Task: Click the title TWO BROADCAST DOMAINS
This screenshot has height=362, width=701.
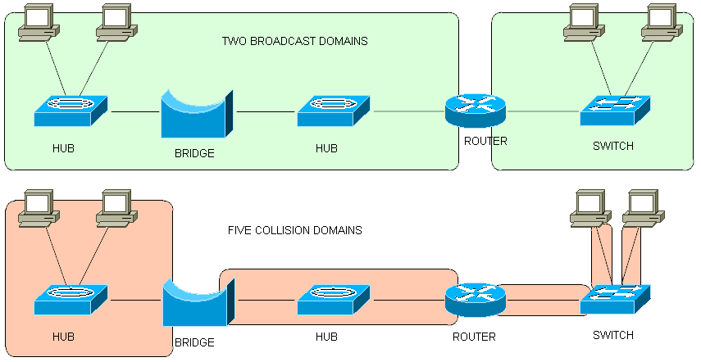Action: (295, 41)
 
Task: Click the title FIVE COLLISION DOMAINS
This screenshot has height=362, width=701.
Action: (294, 230)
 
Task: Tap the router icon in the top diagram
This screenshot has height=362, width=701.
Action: (476, 110)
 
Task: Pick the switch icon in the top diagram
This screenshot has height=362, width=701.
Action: (615, 110)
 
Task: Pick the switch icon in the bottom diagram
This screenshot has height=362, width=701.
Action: (615, 300)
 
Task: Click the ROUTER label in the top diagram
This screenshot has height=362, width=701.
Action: (485, 141)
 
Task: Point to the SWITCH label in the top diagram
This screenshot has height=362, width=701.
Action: (613, 147)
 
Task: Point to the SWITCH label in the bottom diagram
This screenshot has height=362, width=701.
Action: (613, 335)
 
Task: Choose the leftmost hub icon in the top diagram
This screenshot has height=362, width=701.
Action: (71, 110)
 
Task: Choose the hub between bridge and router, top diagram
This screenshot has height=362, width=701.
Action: (333, 110)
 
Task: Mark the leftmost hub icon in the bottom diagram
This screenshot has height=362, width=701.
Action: (71, 300)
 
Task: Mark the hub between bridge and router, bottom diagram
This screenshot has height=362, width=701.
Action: (333, 300)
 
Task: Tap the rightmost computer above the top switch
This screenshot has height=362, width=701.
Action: (661, 23)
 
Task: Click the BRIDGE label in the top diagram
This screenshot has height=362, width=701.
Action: (195, 153)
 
